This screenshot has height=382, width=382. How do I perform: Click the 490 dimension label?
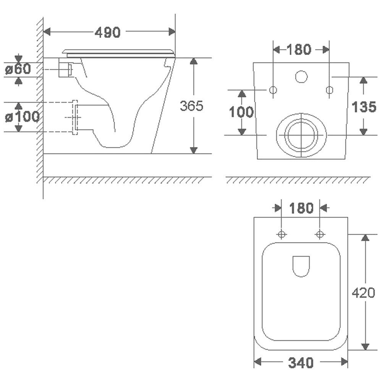(107, 32)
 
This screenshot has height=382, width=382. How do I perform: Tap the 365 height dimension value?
(191, 106)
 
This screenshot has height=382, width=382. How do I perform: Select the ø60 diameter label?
(18, 69)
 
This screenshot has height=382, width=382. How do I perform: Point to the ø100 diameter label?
(22, 117)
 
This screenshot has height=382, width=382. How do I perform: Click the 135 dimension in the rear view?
(364, 107)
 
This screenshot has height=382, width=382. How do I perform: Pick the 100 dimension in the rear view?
(241, 112)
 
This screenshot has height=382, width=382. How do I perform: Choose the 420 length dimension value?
(364, 292)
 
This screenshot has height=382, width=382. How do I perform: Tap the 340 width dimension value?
(301, 363)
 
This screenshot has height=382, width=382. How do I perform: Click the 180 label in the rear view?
(299, 49)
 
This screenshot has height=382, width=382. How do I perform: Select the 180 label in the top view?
(301, 208)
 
